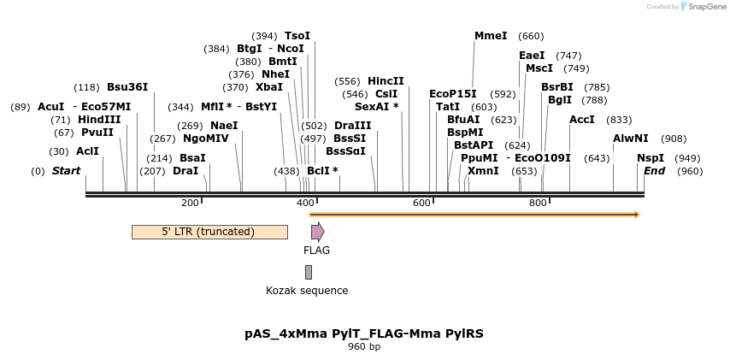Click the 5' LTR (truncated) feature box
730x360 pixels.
[209, 232]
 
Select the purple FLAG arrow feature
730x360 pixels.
[317, 232]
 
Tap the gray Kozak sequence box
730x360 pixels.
[309, 272]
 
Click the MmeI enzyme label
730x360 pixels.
[491, 36]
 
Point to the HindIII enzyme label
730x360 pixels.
[99, 120]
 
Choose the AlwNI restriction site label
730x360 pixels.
[631, 139]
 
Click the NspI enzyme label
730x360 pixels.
[651, 158]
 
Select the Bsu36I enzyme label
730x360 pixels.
[127, 87]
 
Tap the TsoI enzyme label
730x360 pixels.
[297, 36]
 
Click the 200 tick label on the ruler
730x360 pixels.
[190, 202]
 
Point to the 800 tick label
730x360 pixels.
[538, 202]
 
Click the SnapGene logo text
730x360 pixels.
[707, 7]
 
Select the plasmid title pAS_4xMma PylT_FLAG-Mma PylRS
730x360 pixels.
[364, 333]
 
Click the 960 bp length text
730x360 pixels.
[364, 346]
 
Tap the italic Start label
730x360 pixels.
[66, 171]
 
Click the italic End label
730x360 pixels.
[654, 171]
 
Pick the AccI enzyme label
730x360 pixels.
[582, 120]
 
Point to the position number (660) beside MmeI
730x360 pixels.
[531, 36]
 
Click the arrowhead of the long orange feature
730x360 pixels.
[636, 215]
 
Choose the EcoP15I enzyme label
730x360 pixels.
[453, 94]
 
